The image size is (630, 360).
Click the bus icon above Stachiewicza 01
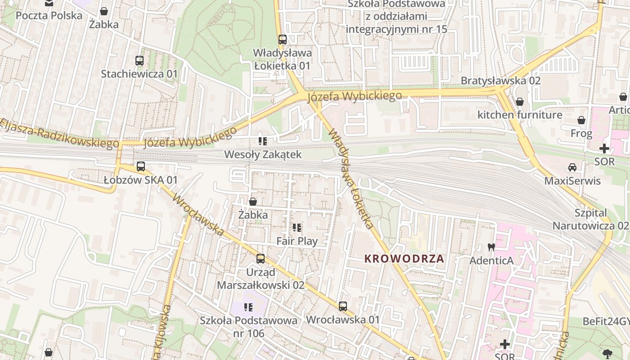point(139,60)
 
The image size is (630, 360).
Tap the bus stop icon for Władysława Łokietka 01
point(282,40)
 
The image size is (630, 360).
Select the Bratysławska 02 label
point(500,81)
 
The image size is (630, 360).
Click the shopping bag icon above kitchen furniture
point(520,102)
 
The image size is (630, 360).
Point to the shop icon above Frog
point(581,120)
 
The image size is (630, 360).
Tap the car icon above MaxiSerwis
point(572,167)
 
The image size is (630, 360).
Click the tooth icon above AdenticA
point(491,247)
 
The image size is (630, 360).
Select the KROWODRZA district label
point(404,259)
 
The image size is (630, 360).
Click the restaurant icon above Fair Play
point(297,228)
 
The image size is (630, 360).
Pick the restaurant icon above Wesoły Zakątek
point(263,141)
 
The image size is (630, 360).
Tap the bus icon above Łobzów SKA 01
point(140,166)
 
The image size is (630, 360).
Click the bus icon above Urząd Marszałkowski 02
point(261,259)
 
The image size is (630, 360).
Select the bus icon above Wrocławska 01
point(343,306)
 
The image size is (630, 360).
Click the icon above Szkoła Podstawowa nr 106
point(248,307)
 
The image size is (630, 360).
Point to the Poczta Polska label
point(49,16)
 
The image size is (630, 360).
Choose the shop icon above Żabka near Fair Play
point(253,202)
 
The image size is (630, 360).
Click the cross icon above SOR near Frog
point(604,148)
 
